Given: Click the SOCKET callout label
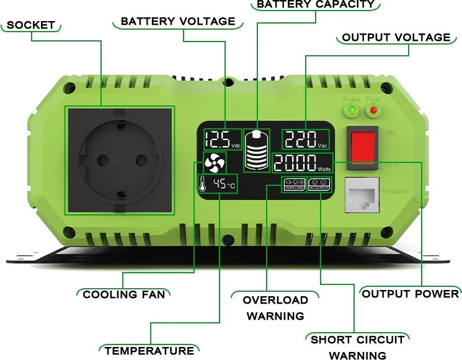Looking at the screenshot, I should point(31,25).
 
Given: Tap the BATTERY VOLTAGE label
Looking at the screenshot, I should point(178,21).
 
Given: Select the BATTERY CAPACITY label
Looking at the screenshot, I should point(315,4).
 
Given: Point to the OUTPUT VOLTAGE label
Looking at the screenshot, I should point(396,37).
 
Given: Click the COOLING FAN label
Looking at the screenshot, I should point(124,294).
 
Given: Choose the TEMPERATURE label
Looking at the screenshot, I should point(148,350).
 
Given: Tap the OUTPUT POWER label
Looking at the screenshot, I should point(411,293).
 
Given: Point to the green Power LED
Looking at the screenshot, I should point(352,111).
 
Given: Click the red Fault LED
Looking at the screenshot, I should point(373,111).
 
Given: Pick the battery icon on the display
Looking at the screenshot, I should point(257,150).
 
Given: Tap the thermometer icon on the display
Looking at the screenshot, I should point(203,184).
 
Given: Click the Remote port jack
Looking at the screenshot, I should point(361,195).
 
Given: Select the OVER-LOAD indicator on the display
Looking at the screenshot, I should point(293,184).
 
